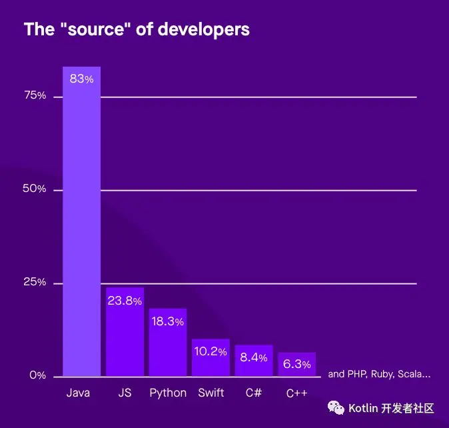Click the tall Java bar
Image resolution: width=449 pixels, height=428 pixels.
pos(81,227)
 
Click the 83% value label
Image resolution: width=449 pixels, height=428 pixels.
pos(81,79)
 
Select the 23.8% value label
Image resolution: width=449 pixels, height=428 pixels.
pos(125,301)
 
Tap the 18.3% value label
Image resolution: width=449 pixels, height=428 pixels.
pos(167,321)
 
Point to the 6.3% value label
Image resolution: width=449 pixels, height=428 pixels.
pos(296,364)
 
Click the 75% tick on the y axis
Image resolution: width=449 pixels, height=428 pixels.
pos(35,96)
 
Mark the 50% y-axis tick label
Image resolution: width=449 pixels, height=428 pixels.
pos(35,189)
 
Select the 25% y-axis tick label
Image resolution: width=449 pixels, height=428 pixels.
pos(35,283)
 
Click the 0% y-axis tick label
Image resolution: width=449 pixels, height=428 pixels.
pos(37,376)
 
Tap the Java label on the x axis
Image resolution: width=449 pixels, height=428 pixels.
pos(78,393)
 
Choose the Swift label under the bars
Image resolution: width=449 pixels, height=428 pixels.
pos(211,393)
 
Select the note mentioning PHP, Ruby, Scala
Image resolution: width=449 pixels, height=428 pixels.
pos(379,374)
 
